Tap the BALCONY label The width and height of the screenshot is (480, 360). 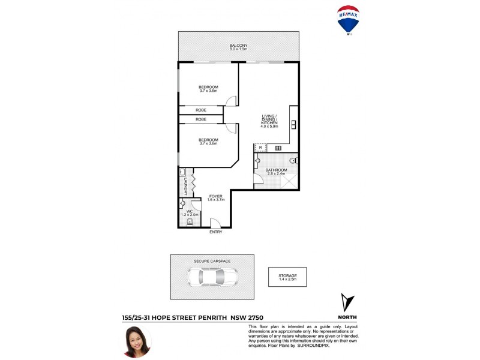click(x=238, y=46)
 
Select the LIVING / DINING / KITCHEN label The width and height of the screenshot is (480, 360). click(x=269, y=120)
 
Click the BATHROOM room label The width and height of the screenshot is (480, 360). click(x=277, y=170)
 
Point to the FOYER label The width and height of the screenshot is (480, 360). click(x=215, y=196)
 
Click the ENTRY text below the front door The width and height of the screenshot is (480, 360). click(x=215, y=232)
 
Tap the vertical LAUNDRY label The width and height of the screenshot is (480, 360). click(x=186, y=186)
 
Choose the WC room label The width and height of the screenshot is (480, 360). click(x=188, y=211)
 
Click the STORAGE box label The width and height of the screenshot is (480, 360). click(x=287, y=276)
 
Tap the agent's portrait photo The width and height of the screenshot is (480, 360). click(x=136, y=340)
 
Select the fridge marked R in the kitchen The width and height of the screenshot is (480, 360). click(x=260, y=148)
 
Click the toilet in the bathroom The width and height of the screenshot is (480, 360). click(x=292, y=161)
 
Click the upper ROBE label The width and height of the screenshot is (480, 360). click(x=201, y=110)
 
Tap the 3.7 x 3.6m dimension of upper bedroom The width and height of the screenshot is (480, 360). click(x=208, y=91)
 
